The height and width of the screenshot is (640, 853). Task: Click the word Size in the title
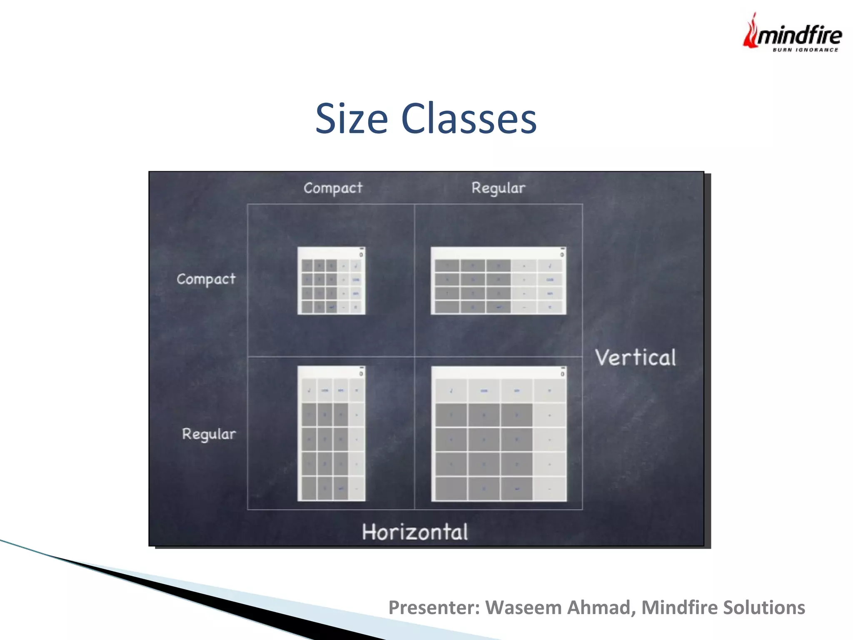pyautogui.click(x=351, y=119)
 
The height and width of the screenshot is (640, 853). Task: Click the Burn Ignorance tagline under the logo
pyautogui.click(x=805, y=50)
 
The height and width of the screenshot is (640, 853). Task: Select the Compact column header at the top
pyautogui.click(x=333, y=188)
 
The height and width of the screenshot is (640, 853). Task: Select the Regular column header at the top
pyautogui.click(x=498, y=188)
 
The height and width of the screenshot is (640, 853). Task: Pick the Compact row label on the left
pyautogui.click(x=206, y=279)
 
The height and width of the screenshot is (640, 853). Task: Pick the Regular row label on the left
pyautogui.click(x=209, y=434)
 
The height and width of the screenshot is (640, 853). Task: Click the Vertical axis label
pyautogui.click(x=636, y=358)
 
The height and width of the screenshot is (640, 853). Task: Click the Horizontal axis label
pyautogui.click(x=415, y=532)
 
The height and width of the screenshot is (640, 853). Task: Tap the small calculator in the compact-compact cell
pyautogui.click(x=331, y=280)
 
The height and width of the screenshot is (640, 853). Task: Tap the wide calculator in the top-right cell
pyautogui.click(x=498, y=280)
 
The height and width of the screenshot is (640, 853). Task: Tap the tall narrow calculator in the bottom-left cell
pyautogui.click(x=331, y=433)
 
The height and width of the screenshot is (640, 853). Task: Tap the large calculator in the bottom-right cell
pyautogui.click(x=499, y=433)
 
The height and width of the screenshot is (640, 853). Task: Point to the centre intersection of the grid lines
pyautogui.click(x=415, y=357)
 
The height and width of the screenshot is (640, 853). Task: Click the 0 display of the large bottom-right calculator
pyautogui.click(x=562, y=374)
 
